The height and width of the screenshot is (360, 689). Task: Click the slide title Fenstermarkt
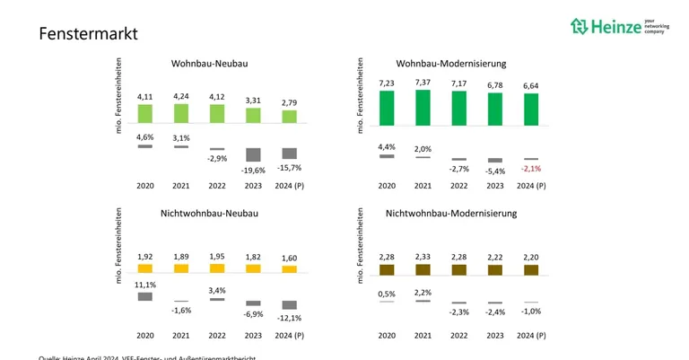[x=88, y=34]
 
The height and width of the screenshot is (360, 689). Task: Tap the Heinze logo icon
[x=579, y=26]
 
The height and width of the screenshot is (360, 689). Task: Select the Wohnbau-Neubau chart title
[x=210, y=64]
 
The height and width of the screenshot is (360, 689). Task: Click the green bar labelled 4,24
[x=181, y=113]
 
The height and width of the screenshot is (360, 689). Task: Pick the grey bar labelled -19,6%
[x=253, y=154]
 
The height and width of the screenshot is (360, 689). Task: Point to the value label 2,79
[x=289, y=103]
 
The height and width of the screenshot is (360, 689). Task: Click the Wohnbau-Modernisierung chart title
[x=451, y=64]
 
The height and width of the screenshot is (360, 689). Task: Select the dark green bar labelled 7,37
[x=423, y=106]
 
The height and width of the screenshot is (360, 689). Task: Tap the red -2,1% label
[x=531, y=169]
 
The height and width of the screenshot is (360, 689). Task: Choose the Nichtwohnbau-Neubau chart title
[x=210, y=214]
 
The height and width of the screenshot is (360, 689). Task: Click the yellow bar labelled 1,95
[x=217, y=268]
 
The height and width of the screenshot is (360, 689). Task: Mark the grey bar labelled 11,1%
[x=145, y=296]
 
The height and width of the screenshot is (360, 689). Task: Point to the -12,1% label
[x=289, y=318]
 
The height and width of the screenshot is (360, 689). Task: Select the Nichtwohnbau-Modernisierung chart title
[x=451, y=214]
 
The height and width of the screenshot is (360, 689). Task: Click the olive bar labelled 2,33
[x=423, y=268]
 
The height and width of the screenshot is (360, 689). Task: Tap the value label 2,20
[x=531, y=257]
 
